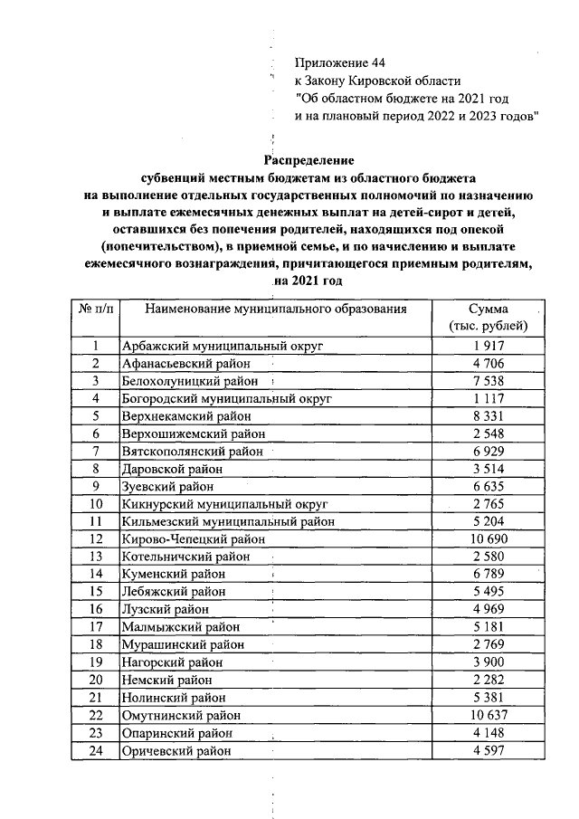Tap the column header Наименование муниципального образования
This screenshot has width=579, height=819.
(x=275, y=310)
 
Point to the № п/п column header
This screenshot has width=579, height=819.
(x=96, y=310)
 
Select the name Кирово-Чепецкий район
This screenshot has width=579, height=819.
(x=193, y=539)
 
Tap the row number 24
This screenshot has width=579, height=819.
(x=96, y=750)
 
